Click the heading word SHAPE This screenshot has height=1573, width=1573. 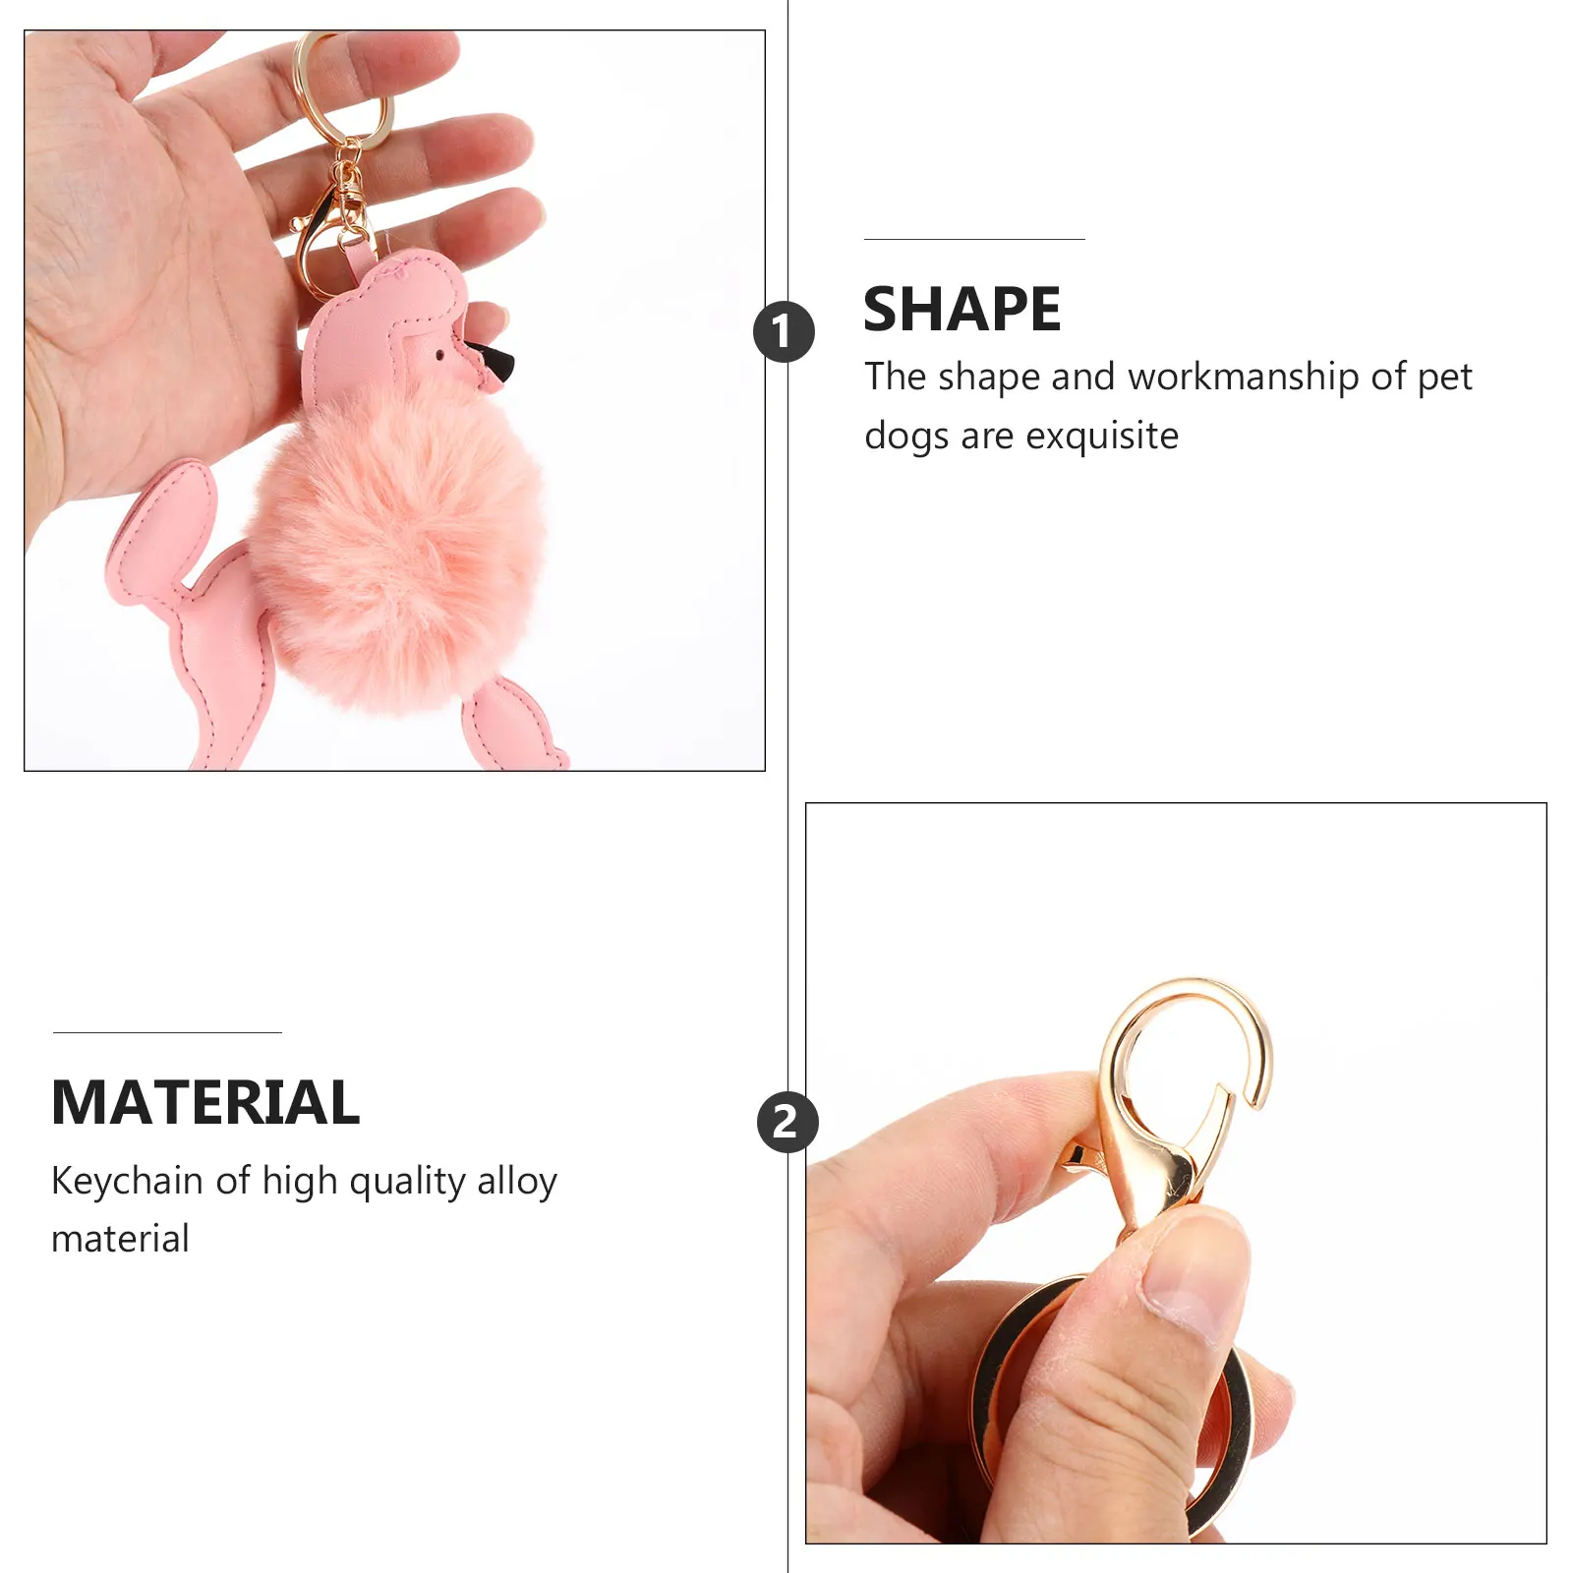tap(961, 310)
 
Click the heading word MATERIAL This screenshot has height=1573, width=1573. tap(205, 1102)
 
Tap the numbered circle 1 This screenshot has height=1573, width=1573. tap(784, 331)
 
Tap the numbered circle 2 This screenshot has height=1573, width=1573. tap(786, 1122)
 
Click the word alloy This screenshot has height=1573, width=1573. tap(517, 1181)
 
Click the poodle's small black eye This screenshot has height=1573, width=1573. tap(439, 354)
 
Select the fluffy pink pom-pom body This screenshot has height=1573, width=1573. tap(398, 546)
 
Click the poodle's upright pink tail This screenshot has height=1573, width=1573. tap(167, 521)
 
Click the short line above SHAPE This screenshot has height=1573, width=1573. tap(974, 239)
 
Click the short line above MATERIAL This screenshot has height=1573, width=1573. tap(167, 1032)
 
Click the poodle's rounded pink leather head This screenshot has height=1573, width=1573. tap(393, 315)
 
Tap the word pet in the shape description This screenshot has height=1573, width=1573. tap(1444, 377)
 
